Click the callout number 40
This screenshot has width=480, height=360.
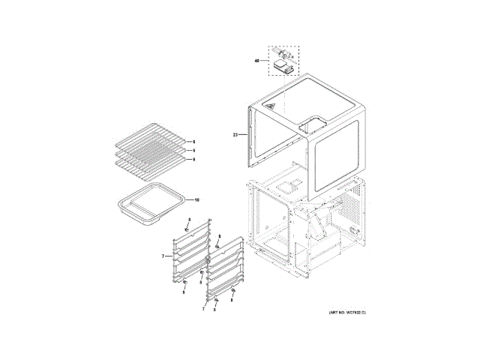click(x=256, y=59)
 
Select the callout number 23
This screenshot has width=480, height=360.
click(x=235, y=135)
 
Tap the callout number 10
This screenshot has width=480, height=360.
click(x=197, y=200)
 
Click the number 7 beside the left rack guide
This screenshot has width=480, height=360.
click(x=162, y=256)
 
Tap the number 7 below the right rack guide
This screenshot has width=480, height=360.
click(x=202, y=308)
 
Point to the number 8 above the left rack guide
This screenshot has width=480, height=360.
click(x=190, y=219)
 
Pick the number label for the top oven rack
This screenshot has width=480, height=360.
click(x=193, y=142)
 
